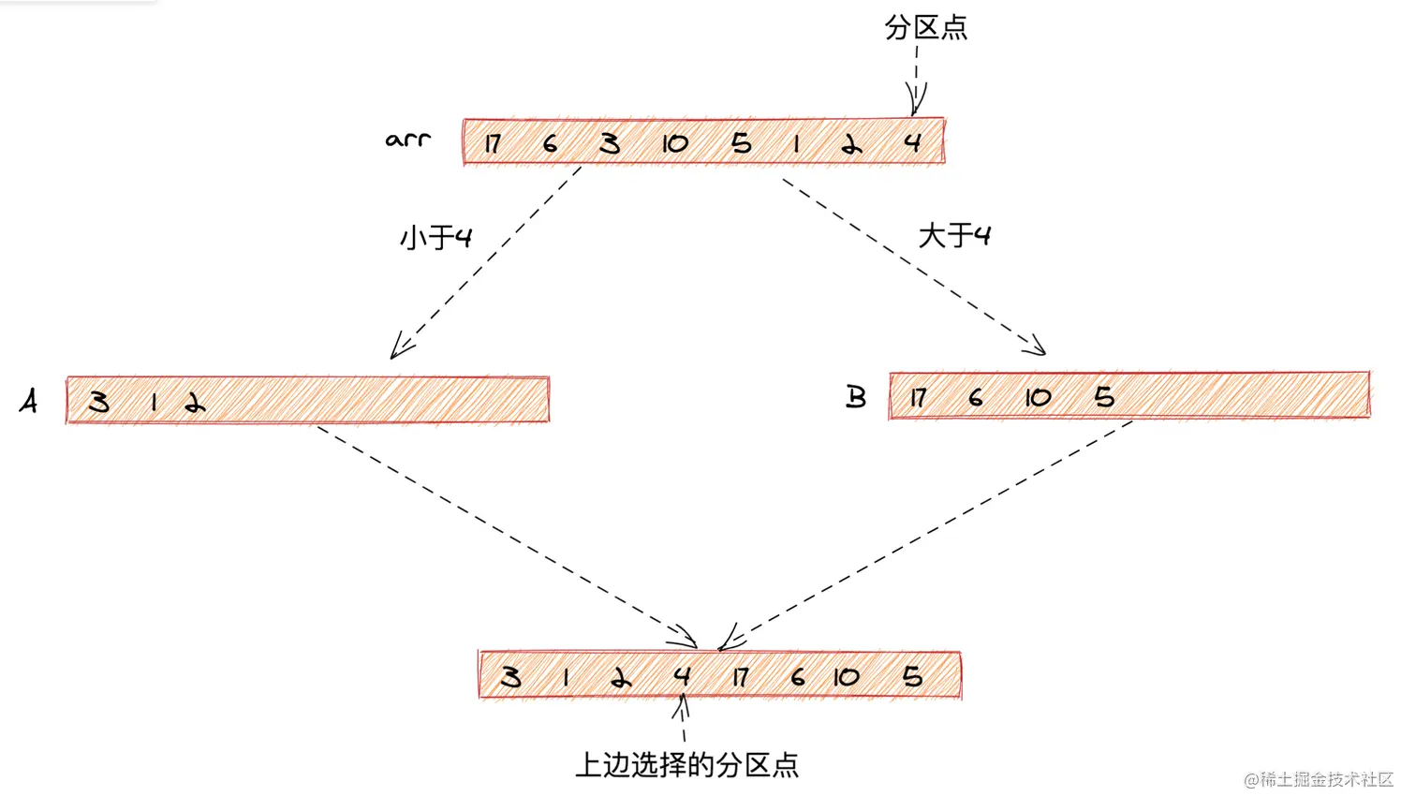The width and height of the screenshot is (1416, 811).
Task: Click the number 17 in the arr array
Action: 493,143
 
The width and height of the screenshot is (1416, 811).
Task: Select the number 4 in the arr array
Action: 913,142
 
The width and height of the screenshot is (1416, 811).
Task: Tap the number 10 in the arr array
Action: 674,143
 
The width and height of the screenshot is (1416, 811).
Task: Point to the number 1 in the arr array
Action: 796,143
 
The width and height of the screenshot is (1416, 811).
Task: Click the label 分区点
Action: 925,27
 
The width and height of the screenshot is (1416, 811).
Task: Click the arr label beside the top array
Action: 408,140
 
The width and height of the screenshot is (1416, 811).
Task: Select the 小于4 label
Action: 435,237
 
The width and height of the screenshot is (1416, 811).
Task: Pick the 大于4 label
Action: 954,234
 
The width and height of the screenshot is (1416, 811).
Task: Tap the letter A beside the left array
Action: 29,401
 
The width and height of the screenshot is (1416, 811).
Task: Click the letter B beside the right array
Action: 856,397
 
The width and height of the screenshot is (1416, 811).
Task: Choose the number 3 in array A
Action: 98,402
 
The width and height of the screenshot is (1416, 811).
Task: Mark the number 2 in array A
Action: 195,404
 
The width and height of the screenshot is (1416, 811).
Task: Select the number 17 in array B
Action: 918,398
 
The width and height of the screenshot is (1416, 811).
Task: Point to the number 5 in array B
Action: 1104,396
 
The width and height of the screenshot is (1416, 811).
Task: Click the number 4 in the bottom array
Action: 682,675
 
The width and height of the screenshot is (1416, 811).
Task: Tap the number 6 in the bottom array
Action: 797,676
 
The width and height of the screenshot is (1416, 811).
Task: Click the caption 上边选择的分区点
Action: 686,765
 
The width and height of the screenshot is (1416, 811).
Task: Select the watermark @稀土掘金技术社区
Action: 1319,779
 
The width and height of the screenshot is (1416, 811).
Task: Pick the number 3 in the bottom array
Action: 510,676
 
